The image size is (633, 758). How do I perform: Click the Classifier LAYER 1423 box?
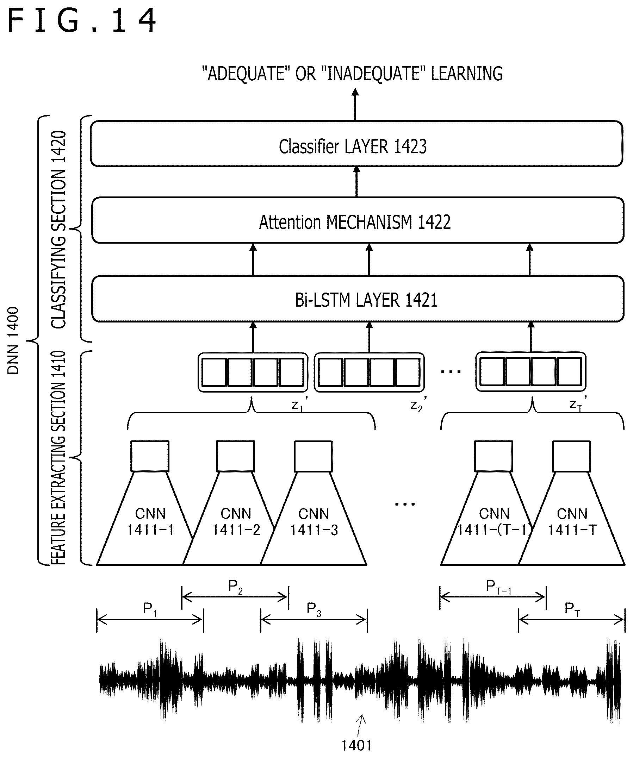pyautogui.click(x=356, y=144)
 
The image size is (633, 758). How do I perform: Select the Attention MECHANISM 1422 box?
pyautogui.click(x=358, y=220)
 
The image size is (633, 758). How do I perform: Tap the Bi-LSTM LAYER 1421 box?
pyautogui.click(x=358, y=299)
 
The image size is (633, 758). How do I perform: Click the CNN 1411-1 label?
pyautogui.click(x=150, y=521)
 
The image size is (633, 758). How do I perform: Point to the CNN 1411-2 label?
pyautogui.click(x=236, y=521)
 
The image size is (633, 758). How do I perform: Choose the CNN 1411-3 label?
pyautogui.click(x=314, y=521)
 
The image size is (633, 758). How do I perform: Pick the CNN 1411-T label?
pyautogui.click(x=572, y=521)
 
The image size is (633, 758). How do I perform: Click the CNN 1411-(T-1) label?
pyautogui.click(x=494, y=521)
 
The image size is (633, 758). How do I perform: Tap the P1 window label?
pyautogui.click(x=150, y=609)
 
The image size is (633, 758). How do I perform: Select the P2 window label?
pyautogui.click(x=235, y=587)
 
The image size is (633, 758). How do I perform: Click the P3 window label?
pyautogui.click(x=314, y=609)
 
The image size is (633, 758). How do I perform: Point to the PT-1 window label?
pyautogui.click(x=499, y=587)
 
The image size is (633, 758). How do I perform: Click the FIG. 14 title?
pyautogui.click(x=82, y=21)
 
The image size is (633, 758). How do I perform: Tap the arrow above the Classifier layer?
pyautogui.click(x=355, y=104)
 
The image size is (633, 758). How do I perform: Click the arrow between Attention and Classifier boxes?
pyautogui.click(x=357, y=182)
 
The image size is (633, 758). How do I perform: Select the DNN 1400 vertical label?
pyautogui.click(x=13, y=340)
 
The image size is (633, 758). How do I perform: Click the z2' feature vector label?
pyautogui.click(x=418, y=404)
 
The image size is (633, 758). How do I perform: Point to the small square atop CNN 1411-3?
pyautogui.click(x=313, y=456)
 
